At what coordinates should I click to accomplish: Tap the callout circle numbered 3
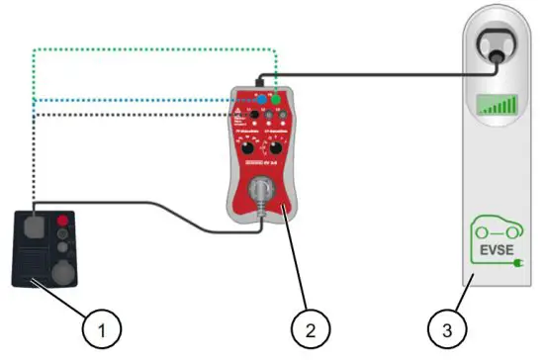442,324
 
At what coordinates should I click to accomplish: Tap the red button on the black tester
64,220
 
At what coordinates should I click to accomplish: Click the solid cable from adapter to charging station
376,71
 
